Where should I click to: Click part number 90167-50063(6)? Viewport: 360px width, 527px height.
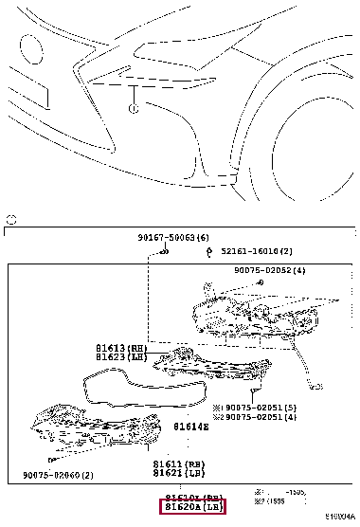point(166,236)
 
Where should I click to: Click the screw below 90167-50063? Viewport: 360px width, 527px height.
point(165,252)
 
